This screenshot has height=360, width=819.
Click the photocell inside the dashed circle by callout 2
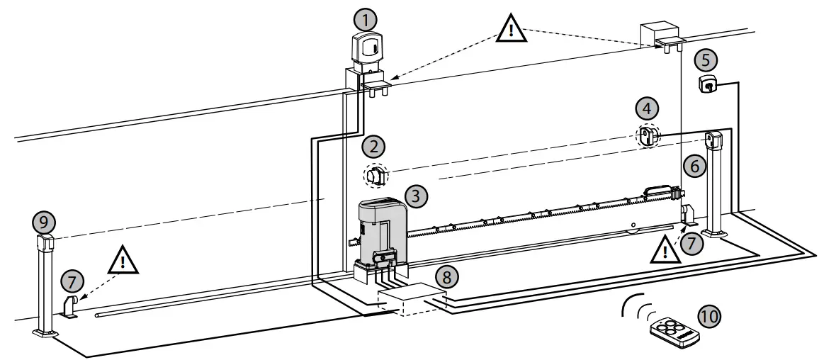(377, 174)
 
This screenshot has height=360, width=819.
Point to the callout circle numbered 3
(416, 193)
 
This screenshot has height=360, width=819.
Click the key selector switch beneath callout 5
(708, 84)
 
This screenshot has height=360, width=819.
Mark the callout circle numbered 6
(695, 167)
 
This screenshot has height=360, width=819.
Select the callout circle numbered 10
(709, 315)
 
